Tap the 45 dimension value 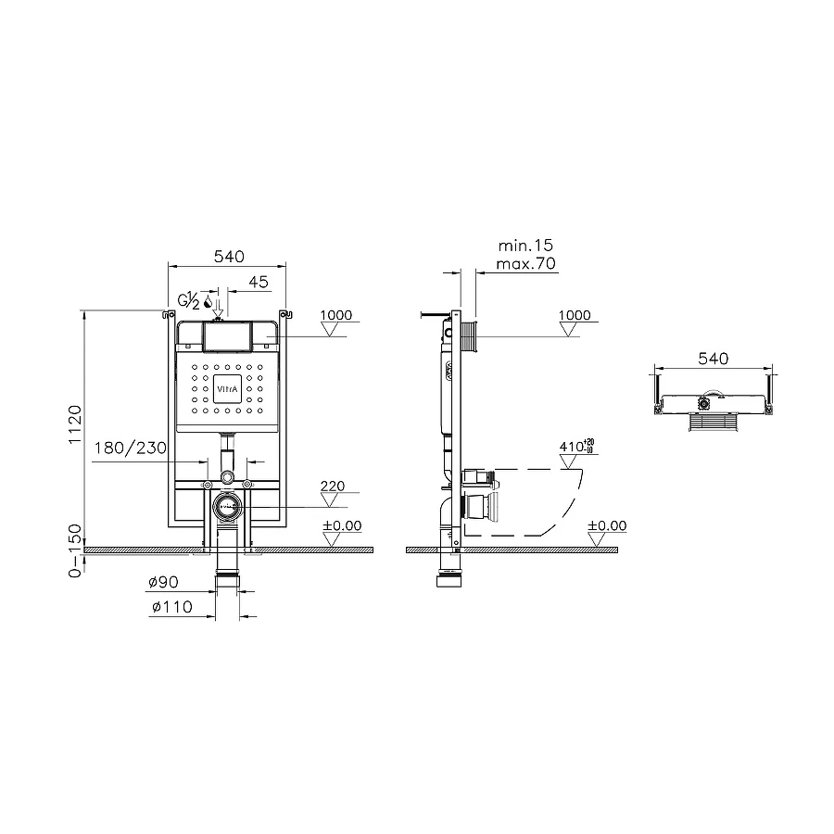click(x=259, y=282)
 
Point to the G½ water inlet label click(x=188, y=300)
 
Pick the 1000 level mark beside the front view click(x=336, y=315)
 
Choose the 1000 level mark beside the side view click(x=575, y=315)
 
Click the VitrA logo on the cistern click(x=226, y=390)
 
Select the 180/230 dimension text click(x=131, y=449)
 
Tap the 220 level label click(x=334, y=485)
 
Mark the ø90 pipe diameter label click(x=162, y=583)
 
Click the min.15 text click(x=524, y=246)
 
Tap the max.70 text click(x=526, y=264)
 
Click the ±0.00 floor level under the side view click(x=607, y=525)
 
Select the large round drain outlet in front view click(x=226, y=506)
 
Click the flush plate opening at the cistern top click(x=226, y=335)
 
